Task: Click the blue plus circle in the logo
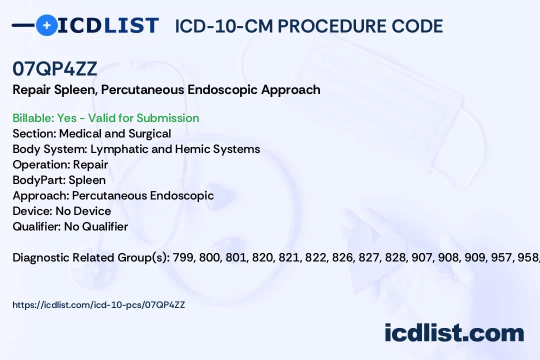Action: click(46, 25)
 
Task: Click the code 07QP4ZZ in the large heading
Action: click(55, 68)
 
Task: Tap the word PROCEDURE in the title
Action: click(332, 26)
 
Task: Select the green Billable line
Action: click(105, 118)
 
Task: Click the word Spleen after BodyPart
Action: click(87, 180)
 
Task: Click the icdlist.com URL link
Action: click(99, 305)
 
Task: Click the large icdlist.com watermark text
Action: click(454, 333)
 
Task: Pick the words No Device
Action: click(83, 211)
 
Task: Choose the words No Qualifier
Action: click(96, 226)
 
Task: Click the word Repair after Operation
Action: click(90, 164)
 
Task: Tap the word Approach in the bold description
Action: click(290, 90)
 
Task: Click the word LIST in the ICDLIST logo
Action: click(131, 25)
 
